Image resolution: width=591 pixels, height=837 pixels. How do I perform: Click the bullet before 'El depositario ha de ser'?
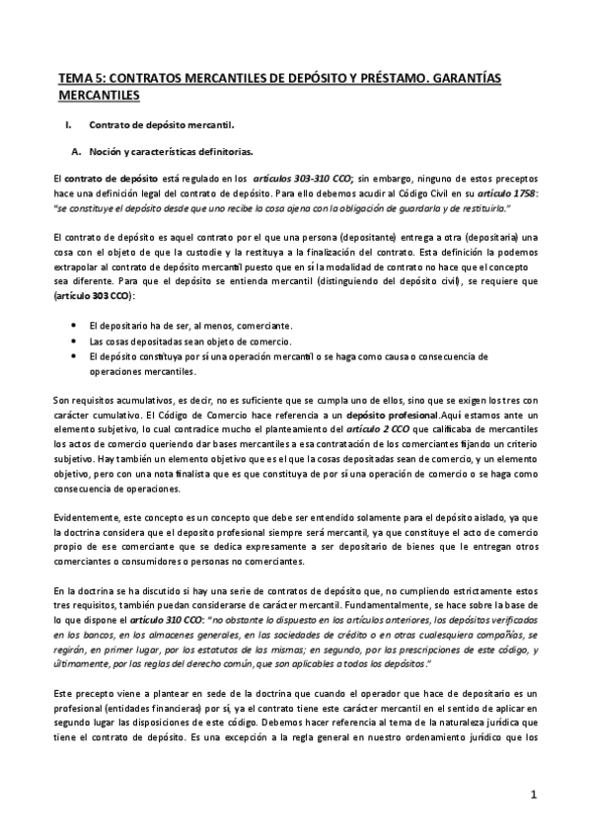pos(76,325)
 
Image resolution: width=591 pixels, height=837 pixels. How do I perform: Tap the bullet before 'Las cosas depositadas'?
pos(76,341)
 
